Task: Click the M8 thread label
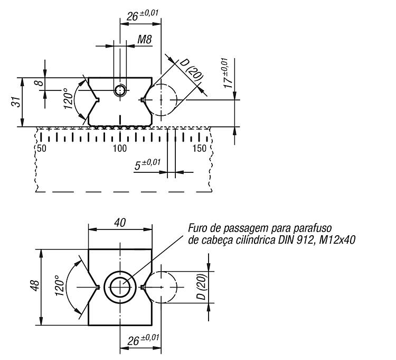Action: [145, 40]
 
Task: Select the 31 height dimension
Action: [17, 102]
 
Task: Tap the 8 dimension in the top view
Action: [41, 82]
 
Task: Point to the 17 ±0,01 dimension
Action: [228, 73]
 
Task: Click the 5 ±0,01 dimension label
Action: [147, 164]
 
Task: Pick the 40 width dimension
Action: [120, 223]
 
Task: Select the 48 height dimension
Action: [35, 285]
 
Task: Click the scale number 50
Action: [42, 149]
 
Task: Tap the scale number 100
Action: [120, 149]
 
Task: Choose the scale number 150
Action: [200, 149]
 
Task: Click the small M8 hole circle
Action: [120, 90]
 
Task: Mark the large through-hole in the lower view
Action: [120, 287]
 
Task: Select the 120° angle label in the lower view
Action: [60, 285]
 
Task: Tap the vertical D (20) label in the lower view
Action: [202, 287]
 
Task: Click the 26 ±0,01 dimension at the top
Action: [143, 16]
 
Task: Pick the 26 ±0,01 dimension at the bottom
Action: [143, 340]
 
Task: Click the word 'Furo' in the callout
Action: [197, 228]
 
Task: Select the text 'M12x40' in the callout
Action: [337, 239]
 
